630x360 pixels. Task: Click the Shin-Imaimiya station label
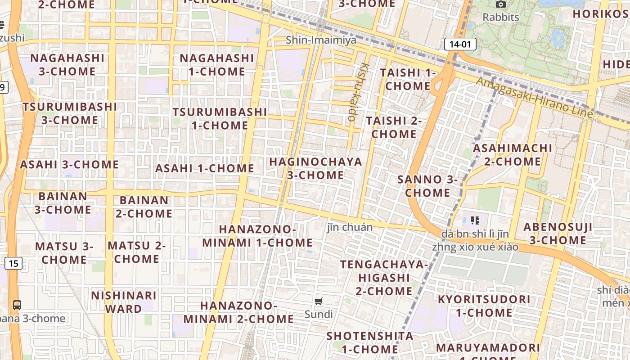click(321, 40)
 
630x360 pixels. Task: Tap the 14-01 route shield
click(460, 44)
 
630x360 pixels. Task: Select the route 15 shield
click(13, 263)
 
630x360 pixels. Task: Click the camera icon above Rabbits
click(500, 5)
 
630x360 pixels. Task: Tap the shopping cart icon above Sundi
click(319, 301)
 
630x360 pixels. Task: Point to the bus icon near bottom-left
click(17, 305)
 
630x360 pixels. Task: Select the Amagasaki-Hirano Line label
click(534, 97)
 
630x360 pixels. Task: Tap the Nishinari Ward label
click(124, 302)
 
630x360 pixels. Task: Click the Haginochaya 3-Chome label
click(315, 168)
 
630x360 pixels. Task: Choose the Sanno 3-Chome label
click(427, 186)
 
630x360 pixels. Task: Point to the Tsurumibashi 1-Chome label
click(220, 118)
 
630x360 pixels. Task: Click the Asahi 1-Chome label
click(205, 168)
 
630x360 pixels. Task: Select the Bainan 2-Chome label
click(144, 207)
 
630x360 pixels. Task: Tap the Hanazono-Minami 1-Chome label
click(257, 236)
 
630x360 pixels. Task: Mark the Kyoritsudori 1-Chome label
click(484, 306)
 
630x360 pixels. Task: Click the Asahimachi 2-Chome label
click(513, 154)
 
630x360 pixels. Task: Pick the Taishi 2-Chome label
click(394, 127)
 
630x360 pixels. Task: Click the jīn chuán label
click(350, 227)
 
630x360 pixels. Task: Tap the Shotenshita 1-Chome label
click(363, 342)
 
